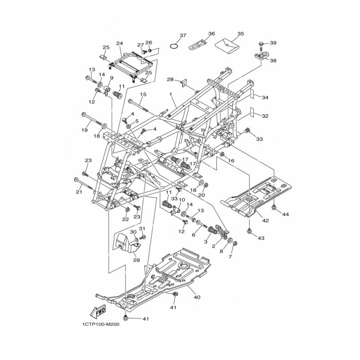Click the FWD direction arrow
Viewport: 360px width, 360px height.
99,312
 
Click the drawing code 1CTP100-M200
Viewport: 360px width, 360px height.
100,324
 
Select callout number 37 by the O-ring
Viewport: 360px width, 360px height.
183,36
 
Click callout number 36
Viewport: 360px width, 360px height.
211,33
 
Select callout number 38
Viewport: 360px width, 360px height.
273,61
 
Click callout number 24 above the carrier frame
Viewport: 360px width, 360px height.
120,43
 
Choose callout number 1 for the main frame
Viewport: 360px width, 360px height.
171,94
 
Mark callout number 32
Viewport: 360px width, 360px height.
265,116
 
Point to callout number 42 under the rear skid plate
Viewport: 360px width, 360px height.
265,220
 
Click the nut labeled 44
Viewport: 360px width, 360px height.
274,207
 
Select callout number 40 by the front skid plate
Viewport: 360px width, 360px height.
197,297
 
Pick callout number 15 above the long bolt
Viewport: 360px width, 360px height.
143,94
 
